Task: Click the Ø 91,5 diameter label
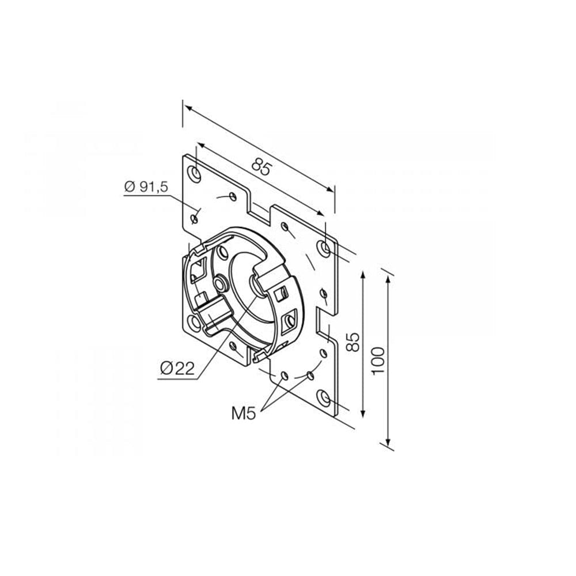(146, 187)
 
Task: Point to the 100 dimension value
(378, 361)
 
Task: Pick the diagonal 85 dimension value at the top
(262, 168)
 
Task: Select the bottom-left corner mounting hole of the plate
(194, 322)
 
